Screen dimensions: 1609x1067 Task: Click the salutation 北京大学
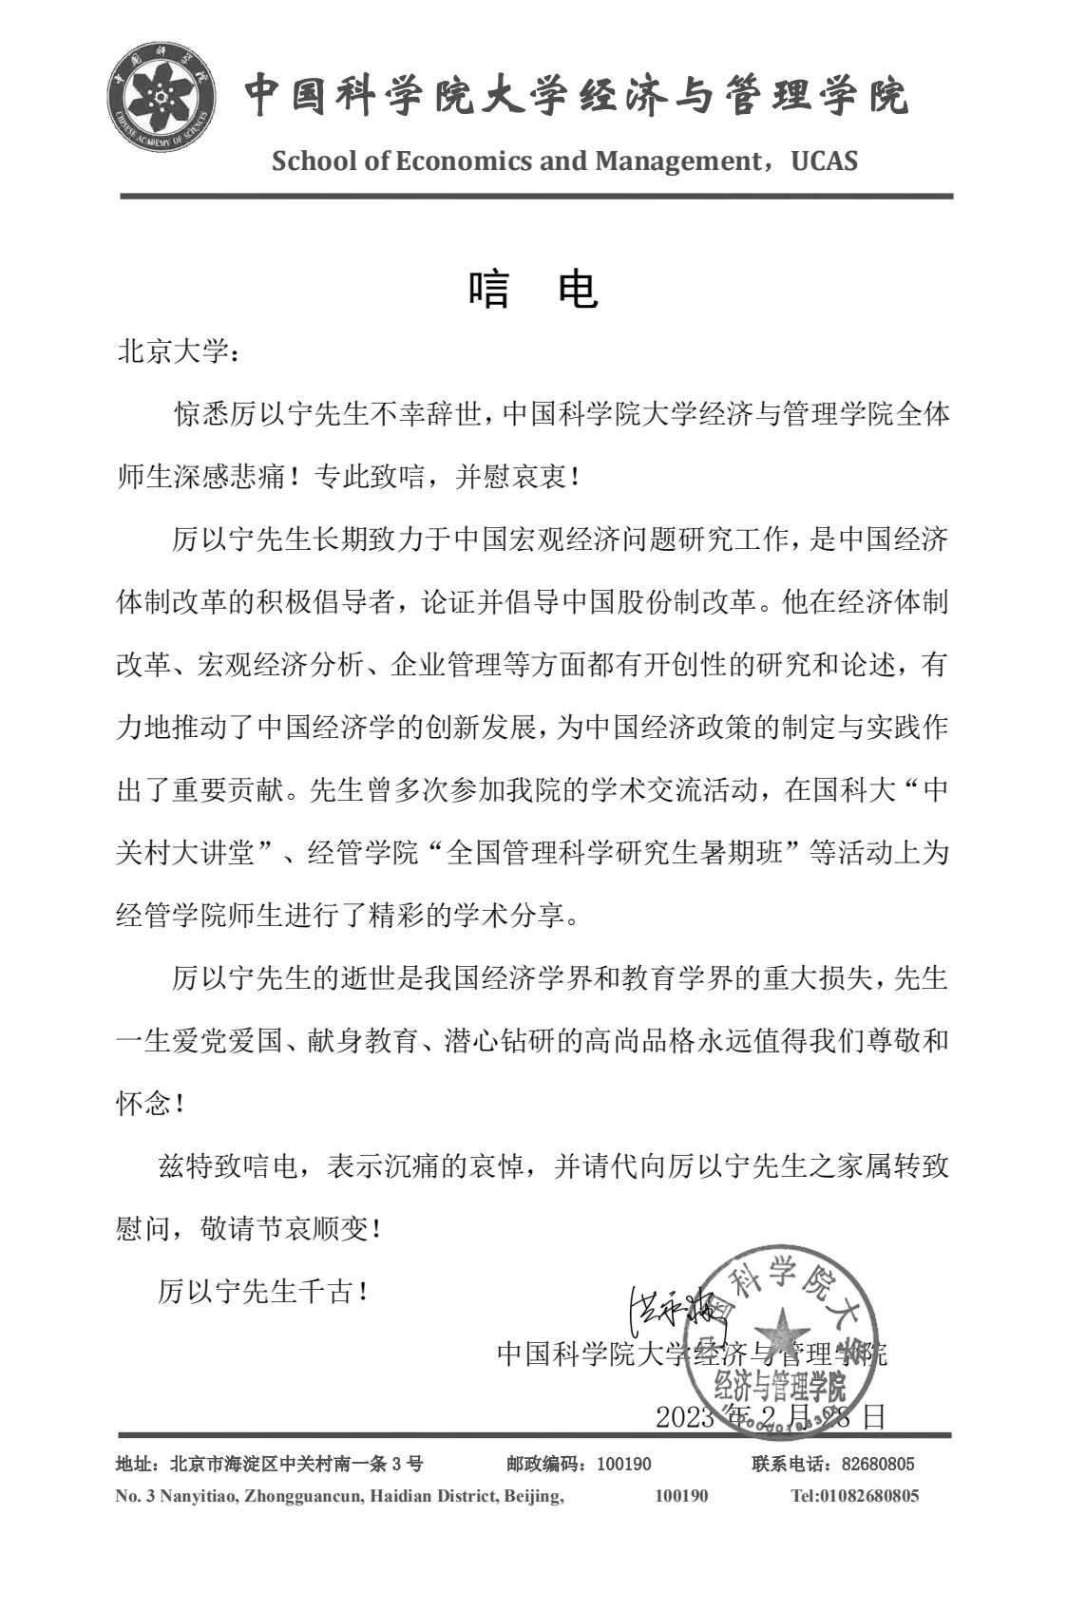[x=172, y=352]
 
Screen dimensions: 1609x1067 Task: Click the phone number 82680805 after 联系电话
[x=878, y=1464]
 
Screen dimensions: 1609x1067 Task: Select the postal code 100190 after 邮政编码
[x=624, y=1464]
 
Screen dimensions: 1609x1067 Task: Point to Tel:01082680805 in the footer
[x=854, y=1496]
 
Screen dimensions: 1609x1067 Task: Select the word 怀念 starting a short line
[x=143, y=1105]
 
